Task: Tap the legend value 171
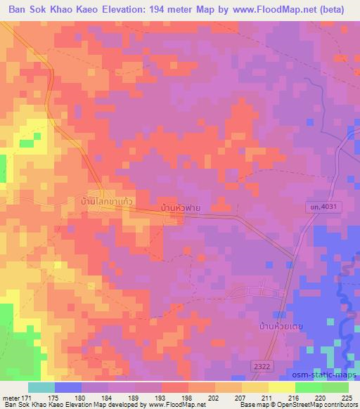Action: pos(29,397)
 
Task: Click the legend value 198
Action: pos(188,397)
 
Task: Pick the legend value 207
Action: pos(241,397)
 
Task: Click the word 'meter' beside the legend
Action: pos(11,397)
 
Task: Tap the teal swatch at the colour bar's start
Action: pos(41,387)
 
